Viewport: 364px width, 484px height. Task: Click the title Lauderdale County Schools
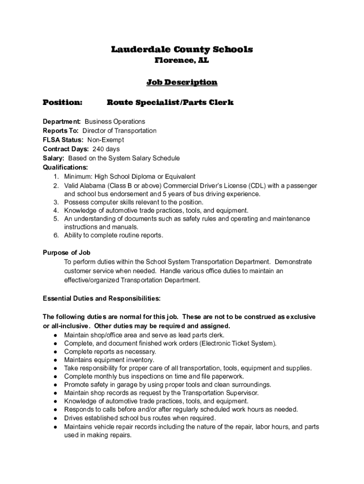pos(182,50)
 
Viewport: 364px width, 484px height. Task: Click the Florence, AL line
pos(182,61)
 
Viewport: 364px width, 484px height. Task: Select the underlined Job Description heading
pos(182,83)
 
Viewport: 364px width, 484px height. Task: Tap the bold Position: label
pos(62,103)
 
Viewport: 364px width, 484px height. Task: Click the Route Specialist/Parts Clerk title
pos(170,103)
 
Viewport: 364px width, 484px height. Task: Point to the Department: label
pos(62,121)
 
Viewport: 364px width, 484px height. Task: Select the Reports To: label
pos(61,130)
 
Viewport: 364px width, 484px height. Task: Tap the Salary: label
pos(53,158)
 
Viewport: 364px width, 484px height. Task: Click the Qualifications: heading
pos(65,167)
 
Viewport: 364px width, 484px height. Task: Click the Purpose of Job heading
pos(67,252)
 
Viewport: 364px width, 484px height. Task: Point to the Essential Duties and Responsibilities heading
pos(102,298)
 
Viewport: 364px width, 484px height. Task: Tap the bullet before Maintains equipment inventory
pos(56,360)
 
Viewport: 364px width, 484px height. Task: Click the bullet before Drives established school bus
pos(56,418)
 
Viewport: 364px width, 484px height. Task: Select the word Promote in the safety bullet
pos(76,385)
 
